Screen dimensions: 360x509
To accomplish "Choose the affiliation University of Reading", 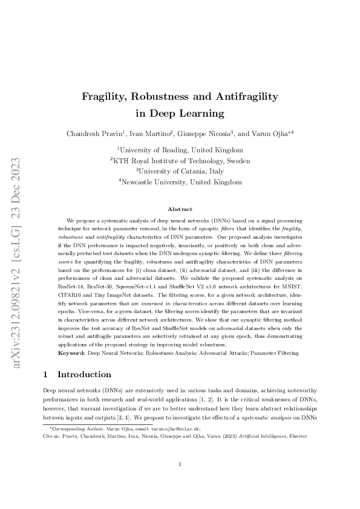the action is (x=180, y=150).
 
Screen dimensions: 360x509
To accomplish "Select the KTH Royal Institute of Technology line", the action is (x=180, y=161).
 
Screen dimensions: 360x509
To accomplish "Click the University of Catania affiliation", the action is (x=180, y=171).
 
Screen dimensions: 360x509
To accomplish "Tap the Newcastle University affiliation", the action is (x=180, y=182).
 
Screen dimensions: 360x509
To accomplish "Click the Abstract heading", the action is (x=180, y=209).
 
